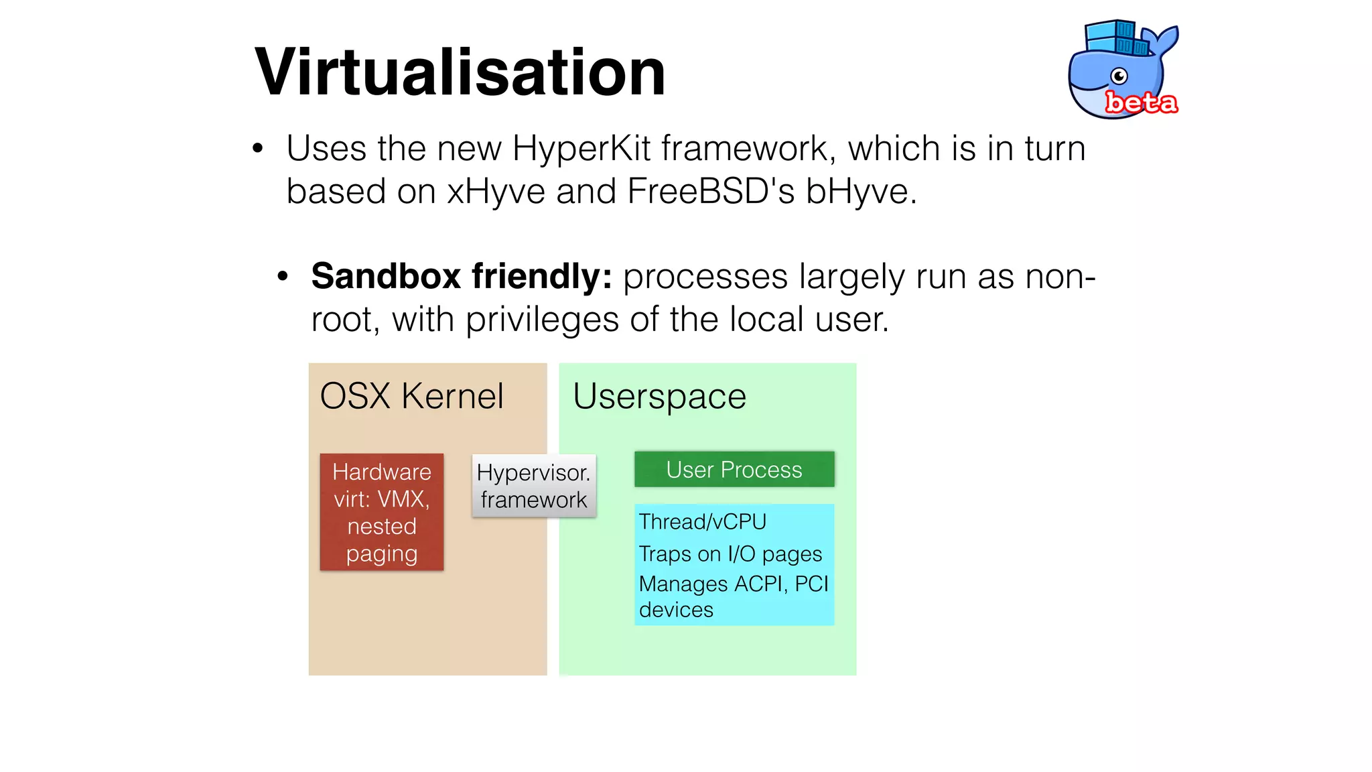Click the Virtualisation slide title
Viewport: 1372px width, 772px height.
click(460, 72)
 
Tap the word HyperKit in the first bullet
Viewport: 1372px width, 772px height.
click(581, 149)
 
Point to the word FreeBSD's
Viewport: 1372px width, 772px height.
click(710, 192)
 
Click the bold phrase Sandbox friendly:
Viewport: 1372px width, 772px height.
click(461, 276)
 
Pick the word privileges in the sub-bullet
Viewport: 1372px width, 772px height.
click(541, 320)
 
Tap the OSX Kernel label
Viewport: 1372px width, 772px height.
click(411, 396)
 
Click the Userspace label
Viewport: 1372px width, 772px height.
click(659, 396)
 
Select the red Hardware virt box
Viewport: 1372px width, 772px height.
click(381, 513)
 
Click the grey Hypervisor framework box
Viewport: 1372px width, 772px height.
click(533, 486)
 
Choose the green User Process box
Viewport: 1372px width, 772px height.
click(734, 469)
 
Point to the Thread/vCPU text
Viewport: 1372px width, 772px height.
click(702, 521)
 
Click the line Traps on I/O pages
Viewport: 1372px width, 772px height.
click(730, 554)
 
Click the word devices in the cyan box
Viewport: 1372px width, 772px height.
click(676, 610)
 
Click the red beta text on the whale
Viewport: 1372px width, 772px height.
click(1140, 103)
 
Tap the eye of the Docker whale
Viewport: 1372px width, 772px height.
click(1119, 76)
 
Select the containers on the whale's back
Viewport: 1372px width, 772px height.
click(1117, 38)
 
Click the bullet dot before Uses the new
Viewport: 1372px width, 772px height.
click(258, 149)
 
